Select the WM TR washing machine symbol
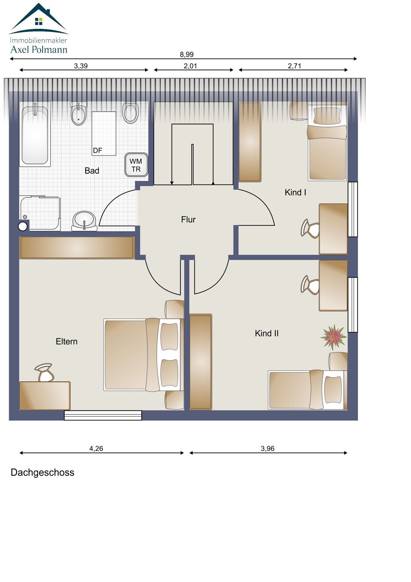pos(136,165)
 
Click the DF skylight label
pos(98,150)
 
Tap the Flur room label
pos(188,219)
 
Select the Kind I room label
pos(295,192)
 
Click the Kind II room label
pos(267,333)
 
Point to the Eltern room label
pos(67,342)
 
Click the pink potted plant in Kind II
pos(333,336)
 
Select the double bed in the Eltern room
pos(142,354)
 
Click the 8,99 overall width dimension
pos(187,55)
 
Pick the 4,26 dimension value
pos(96,448)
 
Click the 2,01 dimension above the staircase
pos(190,66)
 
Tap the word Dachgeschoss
pos(42,473)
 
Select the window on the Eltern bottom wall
pos(103,415)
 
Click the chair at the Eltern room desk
pos(45,373)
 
